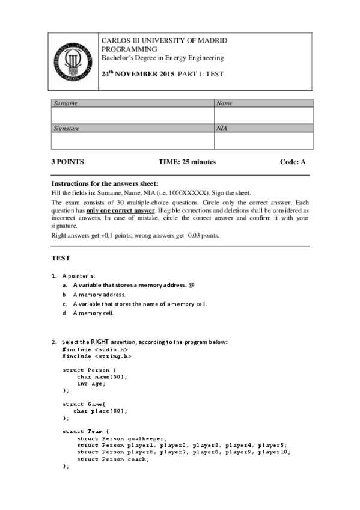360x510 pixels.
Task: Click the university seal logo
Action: coord(73,61)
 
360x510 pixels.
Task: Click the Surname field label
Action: coord(66,103)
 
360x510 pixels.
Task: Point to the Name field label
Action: coord(224,103)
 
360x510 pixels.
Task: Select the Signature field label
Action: coord(67,128)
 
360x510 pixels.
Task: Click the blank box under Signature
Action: coord(133,140)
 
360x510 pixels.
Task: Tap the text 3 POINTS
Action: coord(67,162)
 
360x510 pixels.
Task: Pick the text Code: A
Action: coord(293,162)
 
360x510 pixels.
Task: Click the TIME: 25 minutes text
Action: coord(187,162)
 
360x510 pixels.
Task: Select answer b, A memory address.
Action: coord(99,295)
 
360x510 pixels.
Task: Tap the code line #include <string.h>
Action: coord(97,356)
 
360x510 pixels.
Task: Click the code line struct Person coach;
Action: coord(112,459)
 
